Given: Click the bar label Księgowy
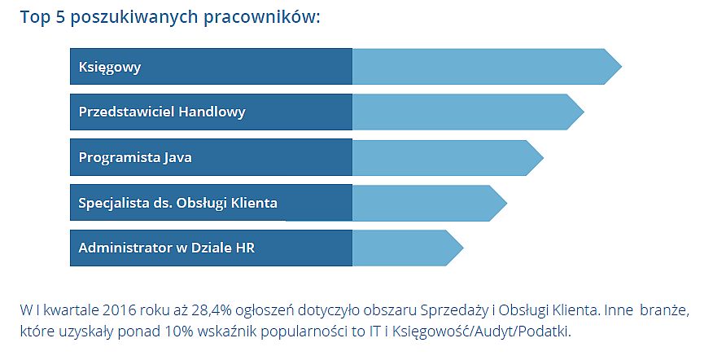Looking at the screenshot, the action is point(110,68).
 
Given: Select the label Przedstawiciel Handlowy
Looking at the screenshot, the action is point(162,112).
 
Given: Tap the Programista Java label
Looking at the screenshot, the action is point(135,158).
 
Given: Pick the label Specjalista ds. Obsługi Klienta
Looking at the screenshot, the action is point(177,203).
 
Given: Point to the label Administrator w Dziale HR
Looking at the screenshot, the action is point(167,248).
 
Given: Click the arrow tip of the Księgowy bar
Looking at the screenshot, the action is point(621,67).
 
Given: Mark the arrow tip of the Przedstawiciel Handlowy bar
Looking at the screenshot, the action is point(584,112).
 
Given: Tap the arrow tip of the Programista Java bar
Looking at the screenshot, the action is point(544,158).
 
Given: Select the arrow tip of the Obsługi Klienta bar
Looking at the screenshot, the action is point(506,203).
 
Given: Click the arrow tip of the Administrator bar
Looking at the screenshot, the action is point(463,248).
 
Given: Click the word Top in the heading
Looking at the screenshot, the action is point(34,18).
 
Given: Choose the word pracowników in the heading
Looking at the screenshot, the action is point(261,18).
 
